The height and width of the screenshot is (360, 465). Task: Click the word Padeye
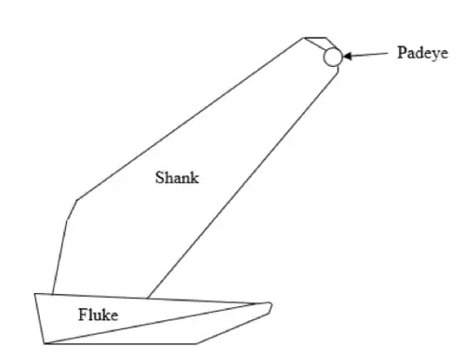coord(422,53)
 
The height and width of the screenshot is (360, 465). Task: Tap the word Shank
coord(177,178)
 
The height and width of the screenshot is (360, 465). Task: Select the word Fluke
coord(98,314)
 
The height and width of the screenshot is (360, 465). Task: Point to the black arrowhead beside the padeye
coord(347,56)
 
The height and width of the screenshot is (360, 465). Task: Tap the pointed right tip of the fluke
coord(272,305)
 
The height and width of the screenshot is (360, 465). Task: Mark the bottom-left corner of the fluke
coord(45,343)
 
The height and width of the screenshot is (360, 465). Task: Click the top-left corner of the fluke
coord(34,293)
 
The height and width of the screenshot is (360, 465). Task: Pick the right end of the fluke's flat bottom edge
coord(196,343)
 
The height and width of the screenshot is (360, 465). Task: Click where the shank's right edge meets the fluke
coord(147,299)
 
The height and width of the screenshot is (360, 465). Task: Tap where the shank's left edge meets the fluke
coord(52,294)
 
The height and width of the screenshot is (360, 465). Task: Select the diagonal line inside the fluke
coord(151,324)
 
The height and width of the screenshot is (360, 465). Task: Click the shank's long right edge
coord(243,183)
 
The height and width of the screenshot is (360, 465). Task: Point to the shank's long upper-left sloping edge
coord(190,119)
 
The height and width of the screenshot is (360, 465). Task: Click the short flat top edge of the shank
coord(314,37)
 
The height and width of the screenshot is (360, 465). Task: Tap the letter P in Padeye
coord(402,52)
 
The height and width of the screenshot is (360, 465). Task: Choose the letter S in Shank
coord(159,178)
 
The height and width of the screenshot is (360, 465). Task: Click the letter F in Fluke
coord(83,314)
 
